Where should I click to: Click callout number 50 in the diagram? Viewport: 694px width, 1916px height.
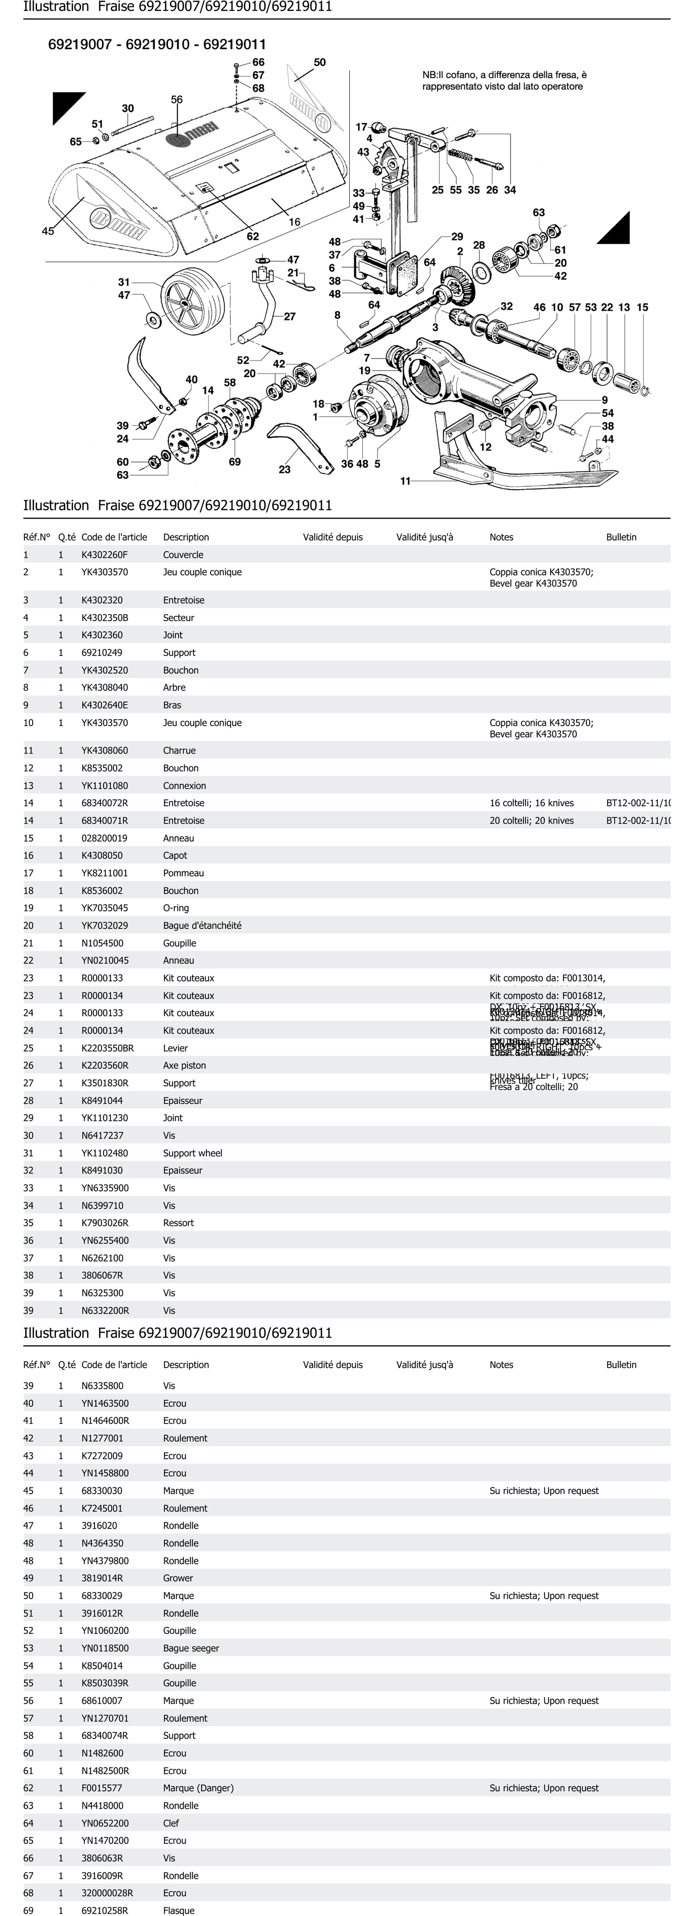coord(319,63)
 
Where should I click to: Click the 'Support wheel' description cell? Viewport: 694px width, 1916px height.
coord(193,1153)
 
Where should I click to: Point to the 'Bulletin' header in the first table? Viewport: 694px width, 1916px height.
coord(621,537)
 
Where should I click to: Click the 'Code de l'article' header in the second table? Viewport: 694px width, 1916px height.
coord(114,1365)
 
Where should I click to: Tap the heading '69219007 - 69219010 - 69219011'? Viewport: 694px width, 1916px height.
coord(157,45)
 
